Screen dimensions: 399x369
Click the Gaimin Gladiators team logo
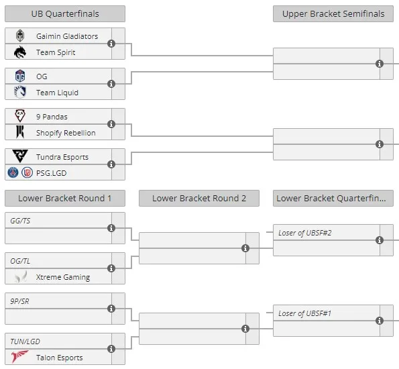[x=20, y=36]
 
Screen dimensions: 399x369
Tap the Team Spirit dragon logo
[x=20, y=52]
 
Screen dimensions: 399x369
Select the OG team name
[x=42, y=76]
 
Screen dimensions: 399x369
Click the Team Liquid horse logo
[x=20, y=92]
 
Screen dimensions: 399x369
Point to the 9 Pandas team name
[x=52, y=117]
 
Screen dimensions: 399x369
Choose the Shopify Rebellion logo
[x=20, y=132]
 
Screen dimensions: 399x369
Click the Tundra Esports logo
[x=20, y=156]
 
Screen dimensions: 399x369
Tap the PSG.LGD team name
[x=52, y=173]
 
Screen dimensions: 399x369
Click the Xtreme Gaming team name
[x=63, y=277]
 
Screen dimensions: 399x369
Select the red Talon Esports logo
[x=19, y=356]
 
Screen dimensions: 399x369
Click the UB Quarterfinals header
[x=65, y=13]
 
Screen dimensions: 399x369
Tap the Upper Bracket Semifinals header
[x=333, y=13]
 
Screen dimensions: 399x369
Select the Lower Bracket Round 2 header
[x=199, y=198]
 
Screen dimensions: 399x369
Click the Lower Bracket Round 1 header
[x=65, y=198]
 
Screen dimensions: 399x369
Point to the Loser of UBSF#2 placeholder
[x=305, y=233]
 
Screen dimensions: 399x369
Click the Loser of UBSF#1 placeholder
[x=305, y=313]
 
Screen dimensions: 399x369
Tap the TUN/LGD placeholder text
[x=25, y=341]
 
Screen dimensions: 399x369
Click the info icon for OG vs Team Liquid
[x=111, y=84]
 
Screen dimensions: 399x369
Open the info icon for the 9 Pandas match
[x=111, y=124]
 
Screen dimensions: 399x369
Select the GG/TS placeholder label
[x=20, y=221]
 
